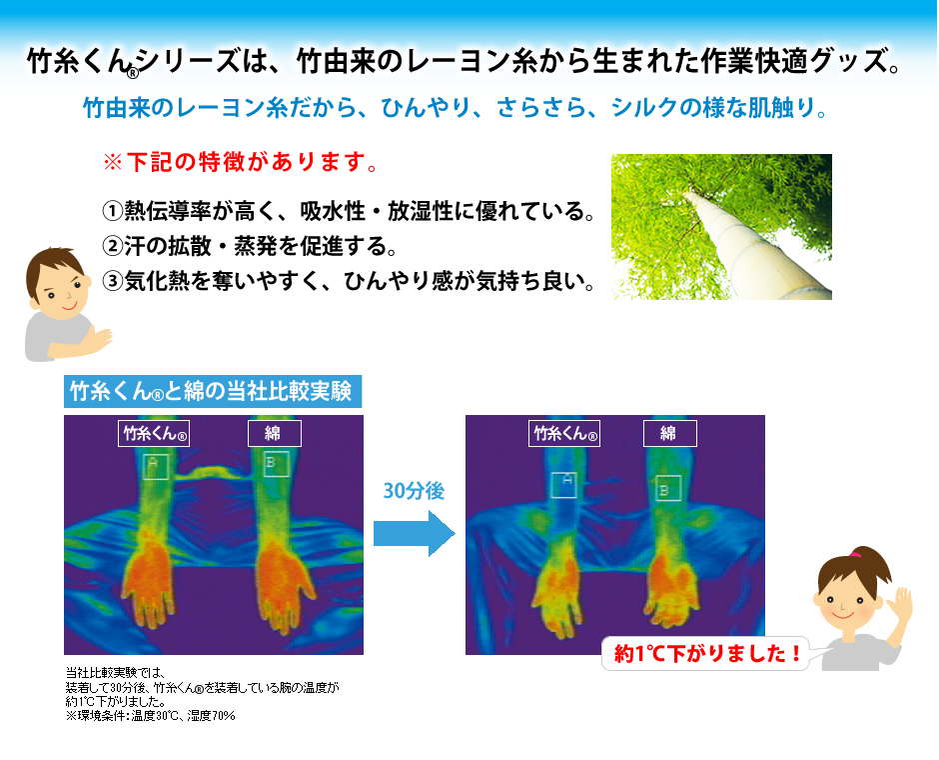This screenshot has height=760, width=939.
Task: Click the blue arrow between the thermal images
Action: (415, 533)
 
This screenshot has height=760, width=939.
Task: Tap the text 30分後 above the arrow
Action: (414, 491)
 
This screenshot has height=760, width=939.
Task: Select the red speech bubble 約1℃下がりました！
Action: (705, 653)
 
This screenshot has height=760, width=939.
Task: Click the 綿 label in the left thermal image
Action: (275, 433)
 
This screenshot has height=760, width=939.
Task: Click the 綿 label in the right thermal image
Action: (669, 433)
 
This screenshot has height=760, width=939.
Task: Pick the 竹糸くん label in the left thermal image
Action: (154, 433)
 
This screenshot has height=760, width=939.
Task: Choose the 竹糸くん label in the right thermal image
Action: (564, 433)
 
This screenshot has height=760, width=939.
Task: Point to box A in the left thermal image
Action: (156, 466)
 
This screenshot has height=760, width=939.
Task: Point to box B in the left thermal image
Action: (276, 464)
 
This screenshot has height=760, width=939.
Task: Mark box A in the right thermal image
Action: (564, 484)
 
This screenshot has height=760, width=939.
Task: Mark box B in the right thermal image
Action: (667, 488)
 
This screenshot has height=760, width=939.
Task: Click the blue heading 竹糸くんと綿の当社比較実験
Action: (213, 391)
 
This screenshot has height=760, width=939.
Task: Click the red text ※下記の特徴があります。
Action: (241, 162)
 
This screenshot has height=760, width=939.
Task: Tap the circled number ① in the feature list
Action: (113, 211)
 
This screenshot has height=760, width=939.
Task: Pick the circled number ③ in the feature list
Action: (113, 281)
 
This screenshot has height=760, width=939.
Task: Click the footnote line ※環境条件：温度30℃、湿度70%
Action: (150, 716)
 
